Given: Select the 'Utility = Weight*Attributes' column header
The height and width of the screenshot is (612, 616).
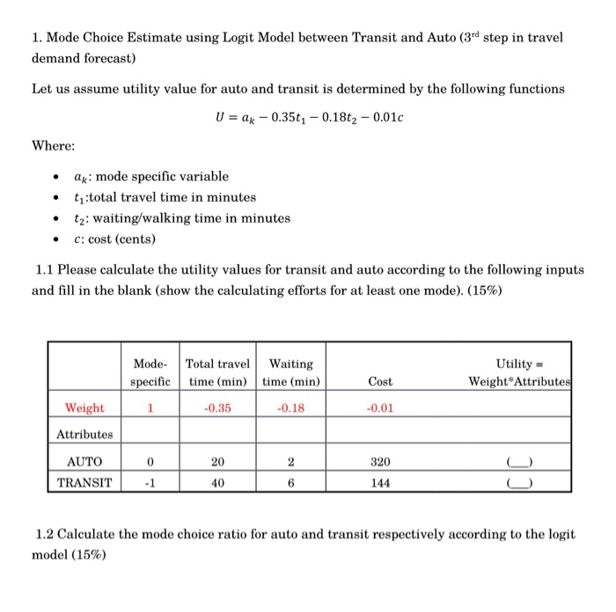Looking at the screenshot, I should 519,372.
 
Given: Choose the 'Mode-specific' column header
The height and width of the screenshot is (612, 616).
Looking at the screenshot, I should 150,372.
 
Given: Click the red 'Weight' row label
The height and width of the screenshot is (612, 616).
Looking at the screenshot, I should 84,408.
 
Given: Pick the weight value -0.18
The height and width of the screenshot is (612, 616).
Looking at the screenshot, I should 290,408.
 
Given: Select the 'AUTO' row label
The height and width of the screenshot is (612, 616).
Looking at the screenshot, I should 84,461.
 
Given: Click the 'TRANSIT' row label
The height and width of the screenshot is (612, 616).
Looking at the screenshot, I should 84,483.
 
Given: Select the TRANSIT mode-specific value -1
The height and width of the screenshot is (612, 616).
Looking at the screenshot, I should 150,483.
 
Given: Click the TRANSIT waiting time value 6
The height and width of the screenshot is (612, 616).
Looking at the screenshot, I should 290,483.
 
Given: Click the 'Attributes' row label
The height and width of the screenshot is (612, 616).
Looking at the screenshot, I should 84,434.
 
